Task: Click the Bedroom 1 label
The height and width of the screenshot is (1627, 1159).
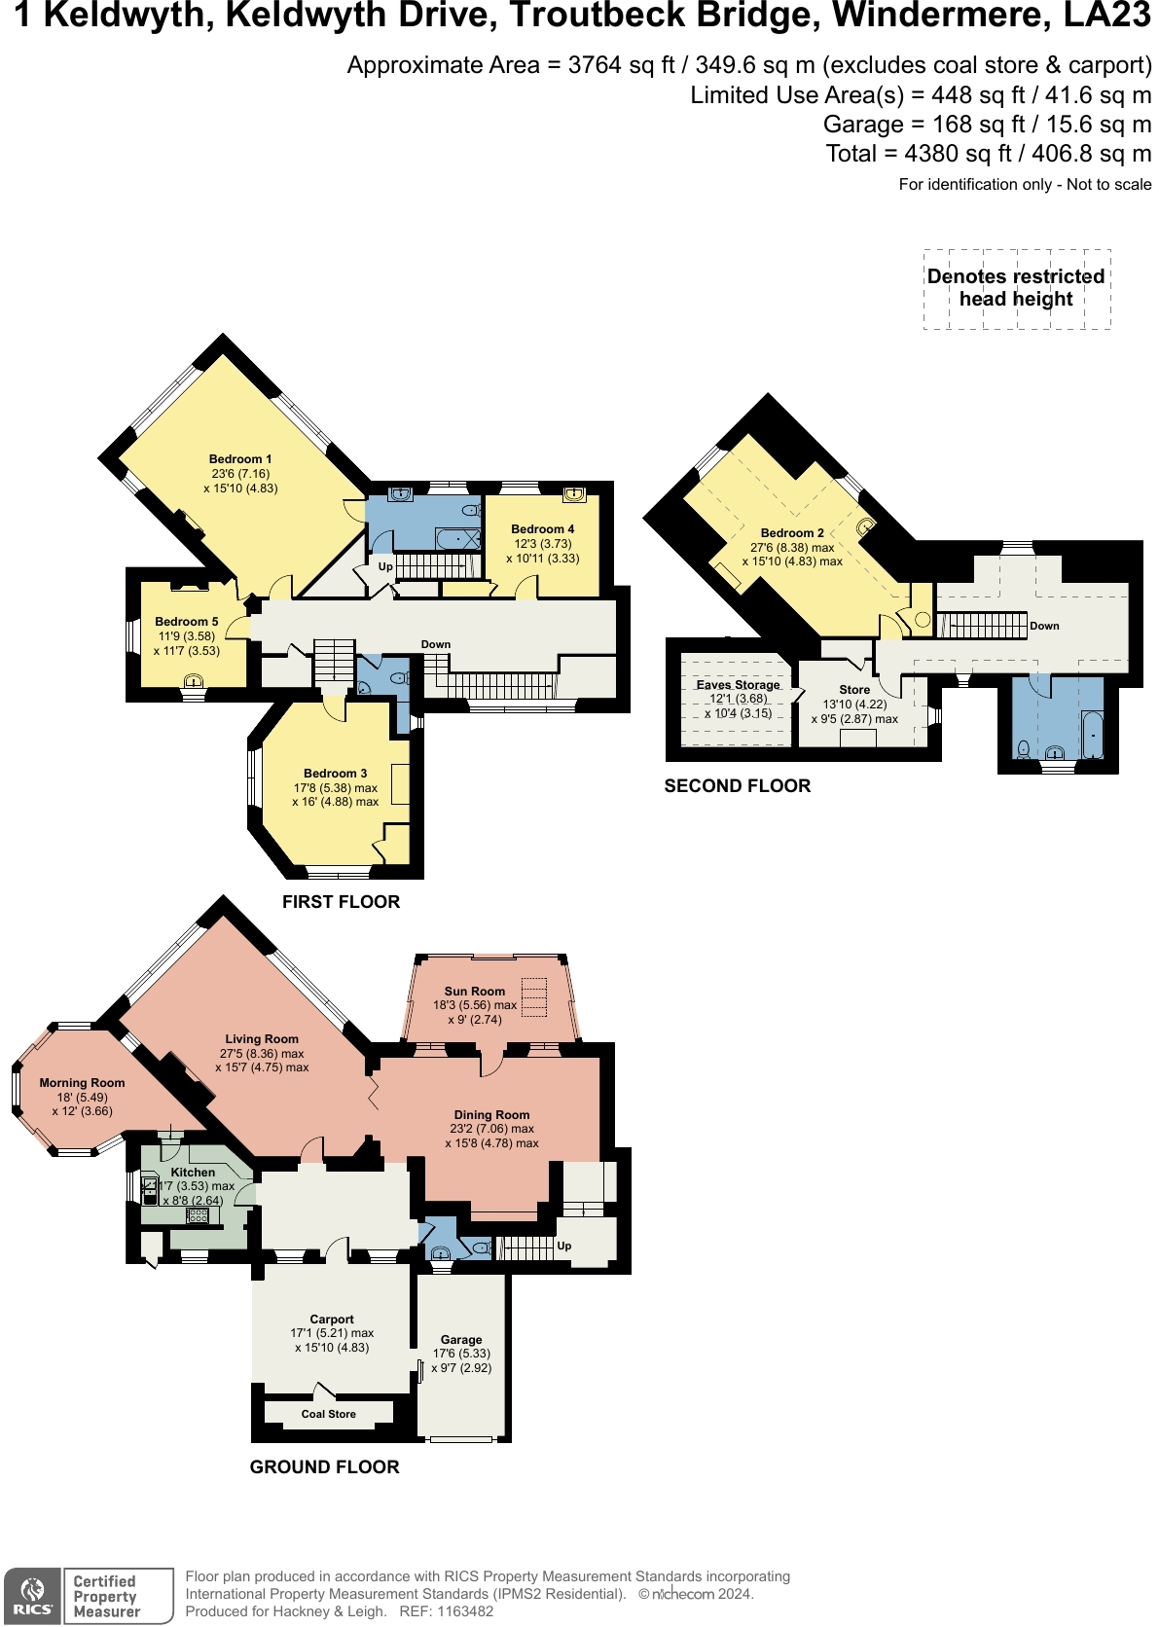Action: pyautogui.click(x=240, y=459)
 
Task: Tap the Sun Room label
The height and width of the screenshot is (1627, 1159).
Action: pyautogui.click(x=475, y=992)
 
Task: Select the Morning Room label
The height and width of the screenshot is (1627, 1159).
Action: pyautogui.click(x=82, y=1083)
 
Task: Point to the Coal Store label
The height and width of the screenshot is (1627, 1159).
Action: pyautogui.click(x=328, y=1414)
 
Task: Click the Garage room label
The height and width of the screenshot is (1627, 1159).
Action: pyautogui.click(x=461, y=1340)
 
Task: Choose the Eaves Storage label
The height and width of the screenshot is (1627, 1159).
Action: pyautogui.click(x=738, y=685)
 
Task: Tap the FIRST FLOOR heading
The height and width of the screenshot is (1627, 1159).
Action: pyautogui.click(x=341, y=902)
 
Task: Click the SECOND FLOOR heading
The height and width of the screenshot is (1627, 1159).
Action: pyautogui.click(x=737, y=786)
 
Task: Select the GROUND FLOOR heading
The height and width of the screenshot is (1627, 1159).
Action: pyautogui.click(x=324, y=1467)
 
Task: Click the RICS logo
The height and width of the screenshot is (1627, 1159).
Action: pyautogui.click(x=33, y=1596)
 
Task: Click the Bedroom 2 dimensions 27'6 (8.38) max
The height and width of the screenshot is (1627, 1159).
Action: pyautogui.click(x=792, y=547)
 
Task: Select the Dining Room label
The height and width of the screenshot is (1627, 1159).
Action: pyautogui.click(x=491, y=1115)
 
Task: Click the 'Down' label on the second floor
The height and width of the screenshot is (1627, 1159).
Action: pyautogui.click(x=1044, y=626)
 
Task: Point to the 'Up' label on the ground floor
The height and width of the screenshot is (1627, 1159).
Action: pyautogui.click(x=564, y=1246)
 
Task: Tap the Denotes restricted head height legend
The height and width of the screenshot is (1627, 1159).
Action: pyautogui.click(x=1016, y=288)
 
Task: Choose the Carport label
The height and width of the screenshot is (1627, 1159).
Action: pyautogui.click(x=332, y=1320)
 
